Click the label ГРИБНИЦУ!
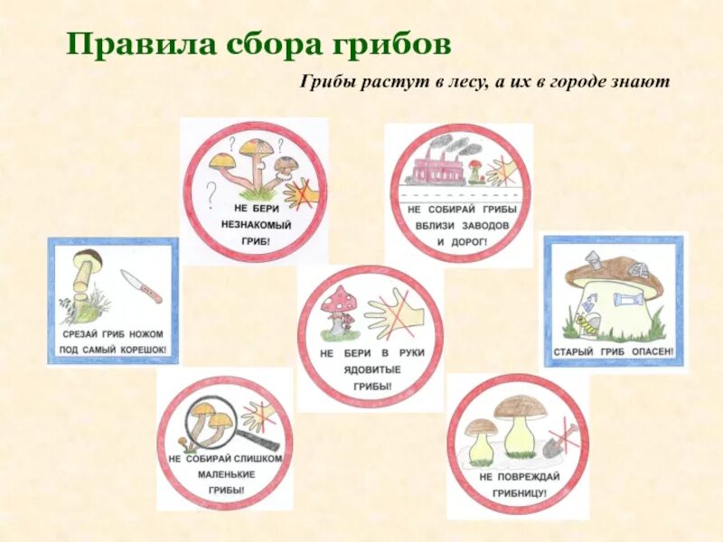pos(515,494)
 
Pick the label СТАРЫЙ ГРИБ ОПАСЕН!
pos(614,350)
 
